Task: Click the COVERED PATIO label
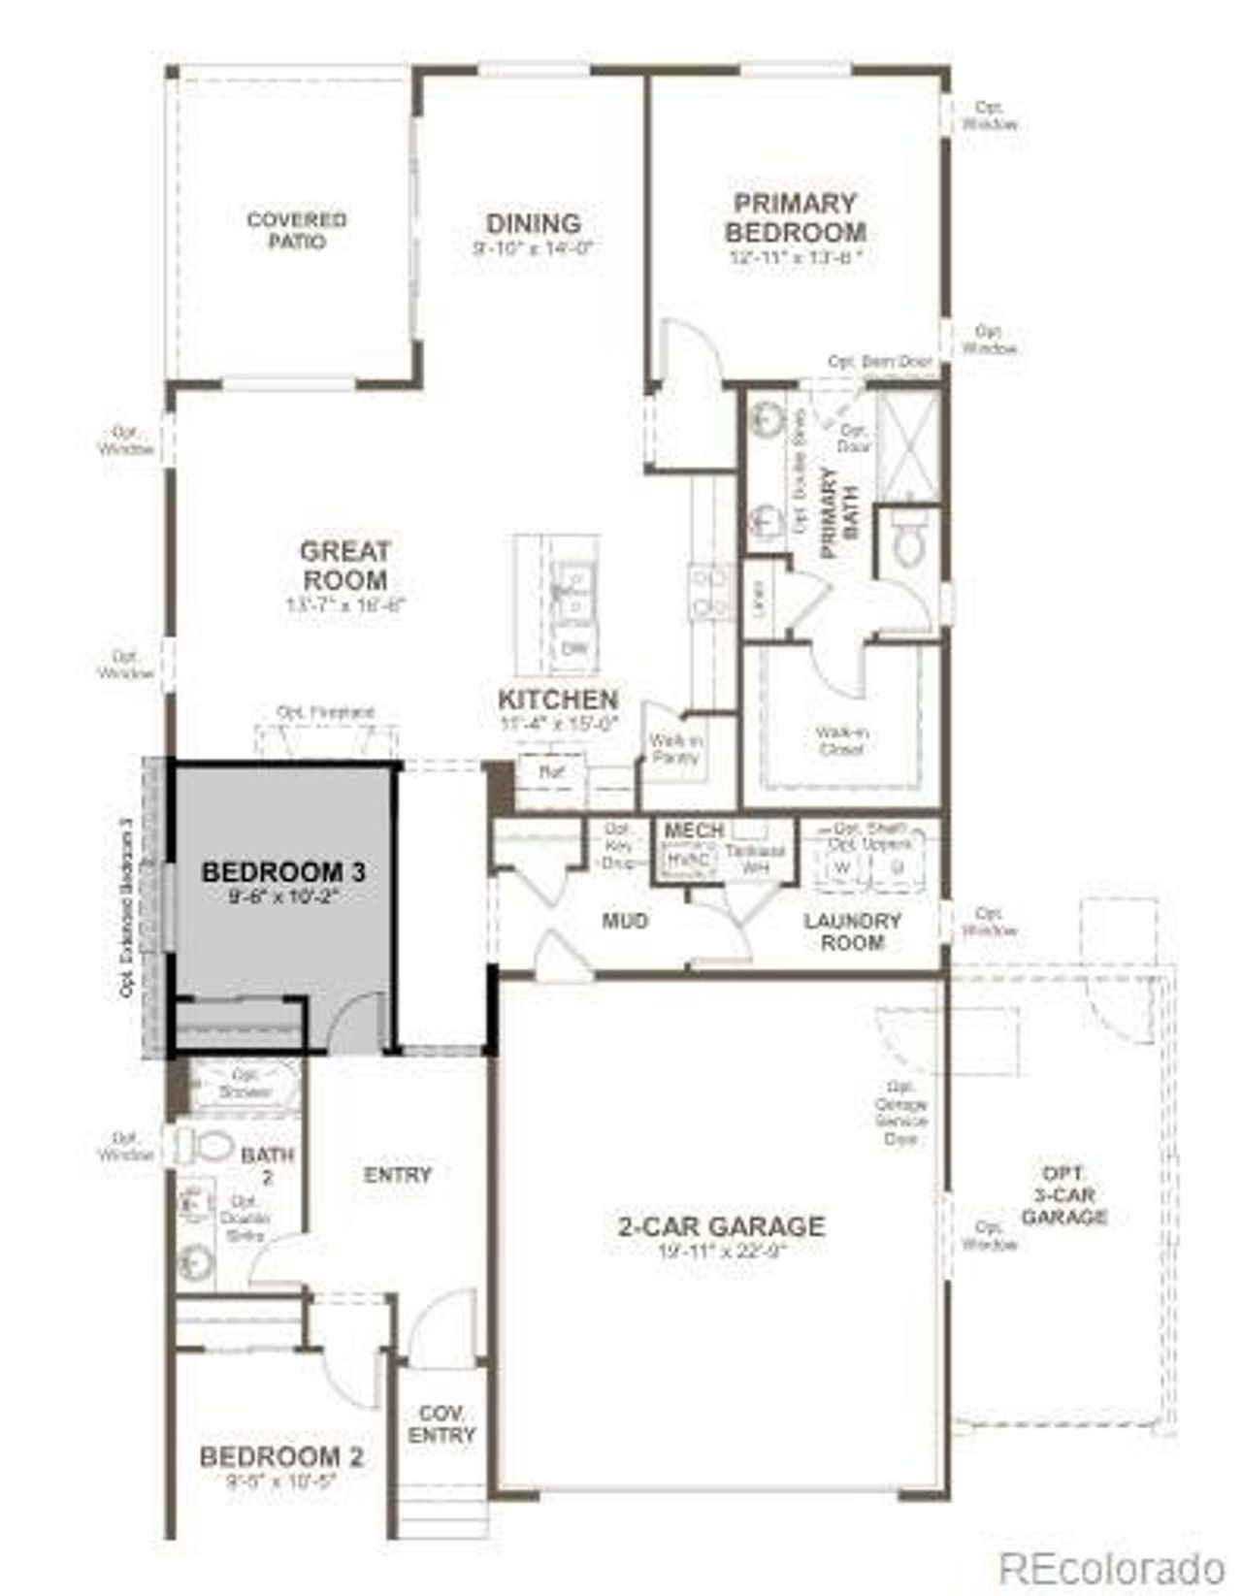point(297,231)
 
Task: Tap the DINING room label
point(534,224)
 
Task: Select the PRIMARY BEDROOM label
point(796,218)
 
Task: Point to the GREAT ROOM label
point(344,566)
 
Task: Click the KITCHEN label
point(558,700)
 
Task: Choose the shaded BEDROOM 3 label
point(283,872)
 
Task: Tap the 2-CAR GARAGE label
point(721,1226)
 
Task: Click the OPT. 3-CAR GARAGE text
point(1063,1194)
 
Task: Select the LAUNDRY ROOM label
point(852,930)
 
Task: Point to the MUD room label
point(625,920)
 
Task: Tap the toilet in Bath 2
point(207,1147)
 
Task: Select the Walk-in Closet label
point(841,741)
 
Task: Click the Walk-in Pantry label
point(675,749)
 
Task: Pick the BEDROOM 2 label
point(281,1457)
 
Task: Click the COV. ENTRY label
point(441,1424)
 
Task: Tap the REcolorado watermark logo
point(1112,1565)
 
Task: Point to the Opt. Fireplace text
point(325,712)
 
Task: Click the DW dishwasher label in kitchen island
point(573,648)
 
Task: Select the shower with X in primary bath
point(908,445)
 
